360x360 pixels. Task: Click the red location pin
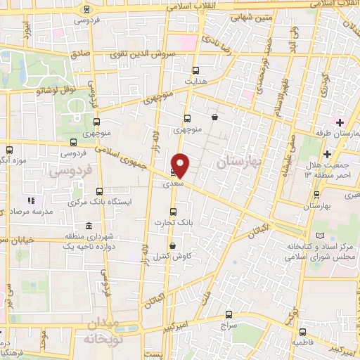coord(181,165)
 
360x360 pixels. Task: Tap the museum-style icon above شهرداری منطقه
coord(88,226)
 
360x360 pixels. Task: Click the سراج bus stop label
coord(229,326)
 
